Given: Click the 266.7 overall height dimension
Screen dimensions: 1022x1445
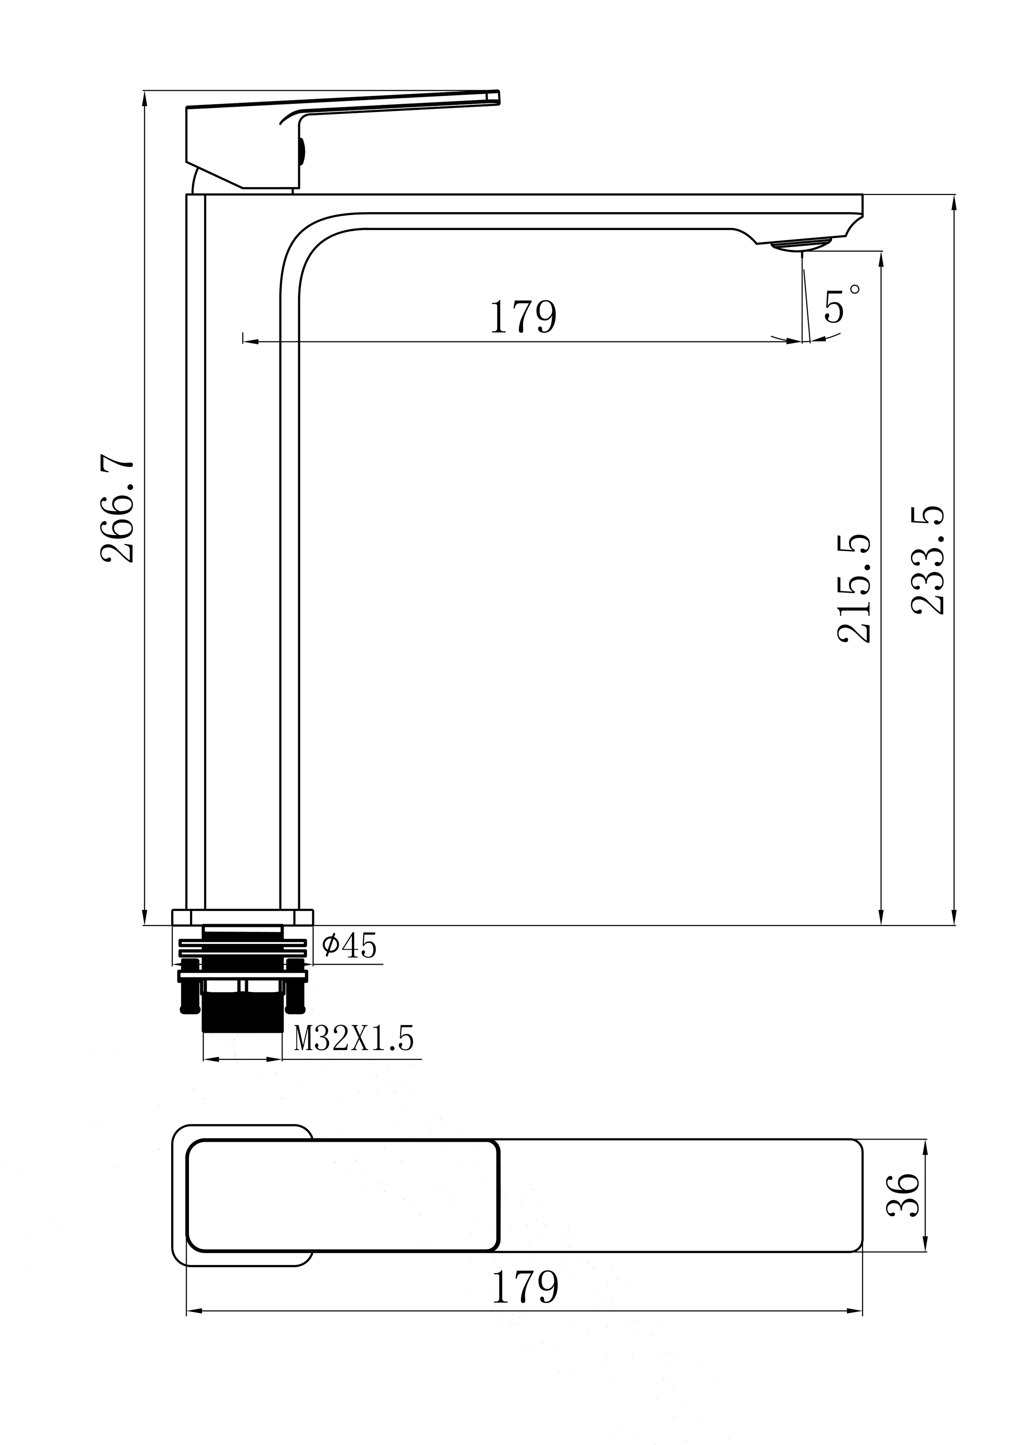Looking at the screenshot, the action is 118,511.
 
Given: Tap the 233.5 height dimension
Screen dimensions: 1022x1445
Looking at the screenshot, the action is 928,560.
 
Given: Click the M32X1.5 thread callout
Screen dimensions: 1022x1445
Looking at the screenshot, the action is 354,1039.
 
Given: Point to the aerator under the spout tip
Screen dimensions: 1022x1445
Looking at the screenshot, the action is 802,245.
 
